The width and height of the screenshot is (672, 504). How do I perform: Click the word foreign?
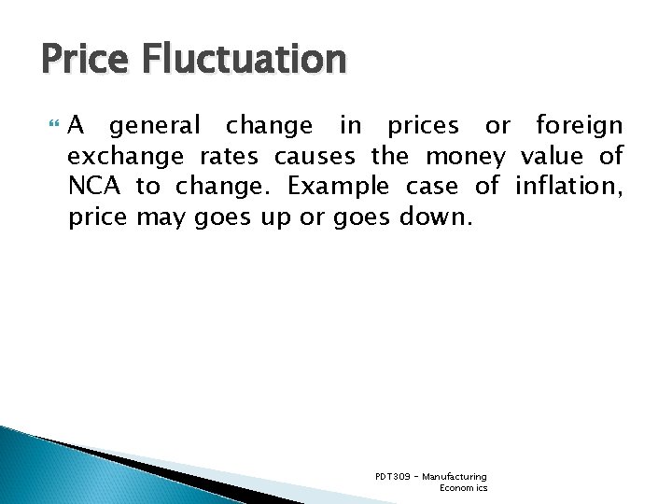point(579,124)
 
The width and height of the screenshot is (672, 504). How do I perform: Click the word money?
point(464,156)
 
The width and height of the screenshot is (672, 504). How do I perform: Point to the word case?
point(432,187)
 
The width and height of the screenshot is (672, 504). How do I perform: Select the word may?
point(161,218)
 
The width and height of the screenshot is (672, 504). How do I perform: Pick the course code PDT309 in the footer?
point(390,477)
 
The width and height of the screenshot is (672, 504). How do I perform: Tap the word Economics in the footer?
point(463,488)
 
